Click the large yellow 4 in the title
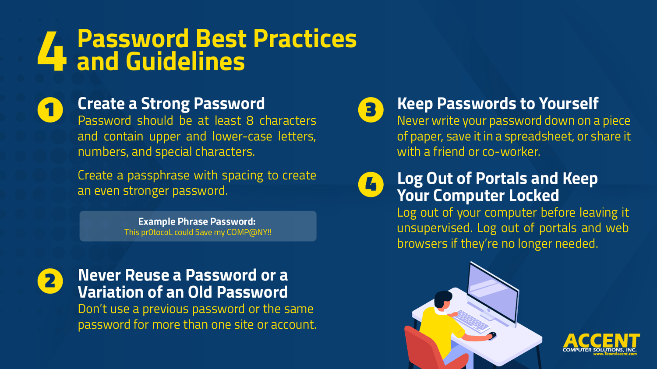tap(52, 51)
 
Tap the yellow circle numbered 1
tap(50, 110)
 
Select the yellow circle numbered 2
tap(50, 281)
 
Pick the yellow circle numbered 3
tap(371, 110)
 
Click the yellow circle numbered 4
tap(371, 184)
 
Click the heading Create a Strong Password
tap(171, 104)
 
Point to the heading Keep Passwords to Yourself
tap(498, 104)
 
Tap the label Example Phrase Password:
tap(197, 221)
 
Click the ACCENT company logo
tap(601, 341)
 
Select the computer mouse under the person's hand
tap(492, 336)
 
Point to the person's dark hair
tap(442, 299)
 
